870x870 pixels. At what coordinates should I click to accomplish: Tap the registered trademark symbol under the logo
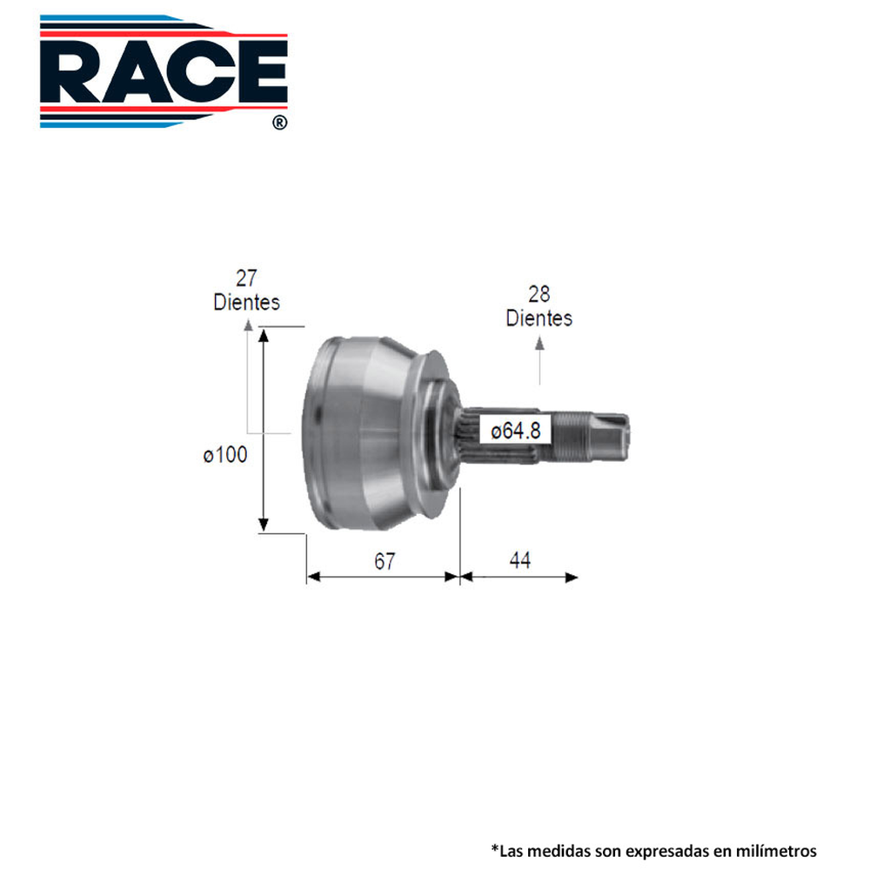pos(279,124)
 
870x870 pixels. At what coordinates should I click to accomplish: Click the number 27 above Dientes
pos(246,278)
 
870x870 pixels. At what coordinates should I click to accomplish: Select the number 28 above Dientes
pos(539,294)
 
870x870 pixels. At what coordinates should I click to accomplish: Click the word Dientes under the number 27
pos(246,302)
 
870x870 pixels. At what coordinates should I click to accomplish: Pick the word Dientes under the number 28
pos(539,318)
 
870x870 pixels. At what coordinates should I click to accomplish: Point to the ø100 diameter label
pos(225,454)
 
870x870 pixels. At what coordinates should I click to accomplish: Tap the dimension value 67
pos(385,561)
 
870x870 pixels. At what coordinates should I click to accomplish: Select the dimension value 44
pos(519,561)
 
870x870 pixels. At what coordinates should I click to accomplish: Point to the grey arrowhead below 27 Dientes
pos(248,325)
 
